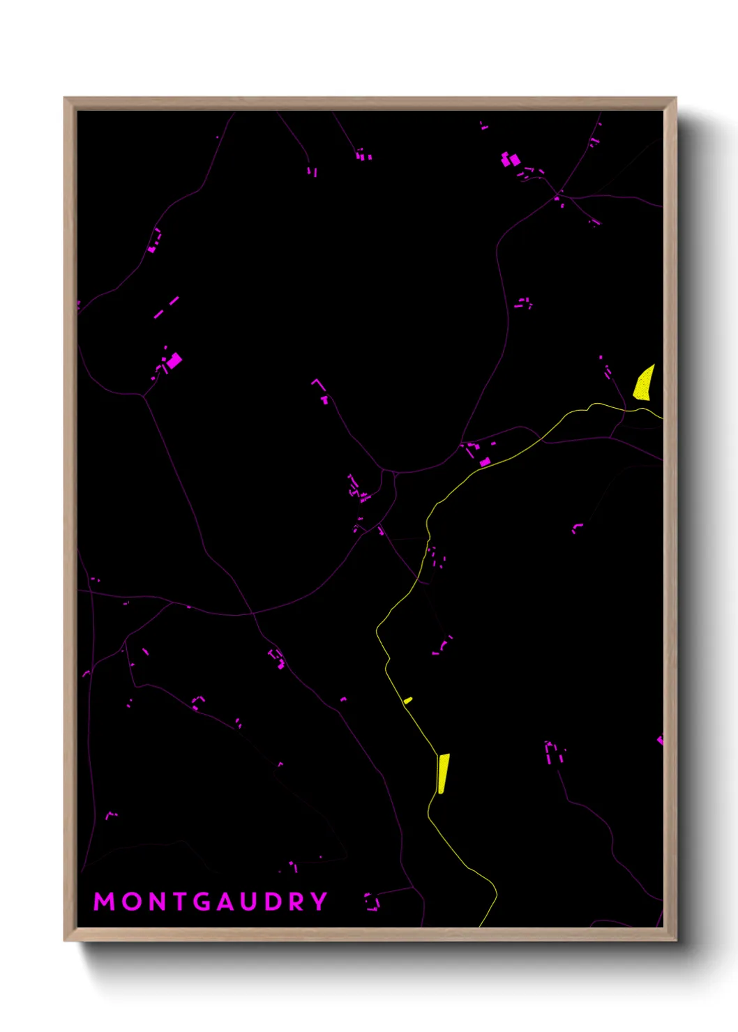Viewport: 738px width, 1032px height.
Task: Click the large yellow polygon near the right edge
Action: [644, 384]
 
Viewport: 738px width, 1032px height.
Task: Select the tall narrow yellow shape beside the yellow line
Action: [443, 773]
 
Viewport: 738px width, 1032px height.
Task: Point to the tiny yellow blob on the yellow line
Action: [408, 700]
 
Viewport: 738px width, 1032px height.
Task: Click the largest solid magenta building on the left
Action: [174, 361]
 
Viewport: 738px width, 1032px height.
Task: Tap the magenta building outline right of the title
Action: [372, 901]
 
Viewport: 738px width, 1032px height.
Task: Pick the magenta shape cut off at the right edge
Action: [660, 740]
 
